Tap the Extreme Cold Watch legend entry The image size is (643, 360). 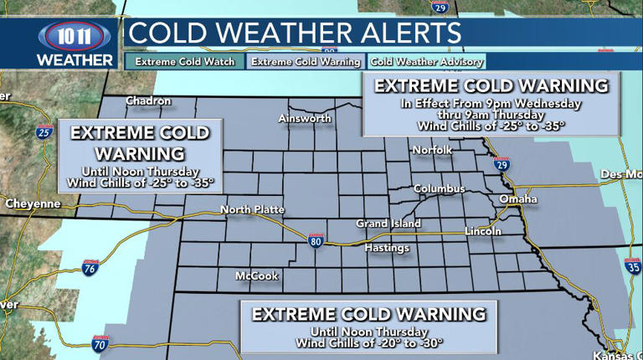click(185, 61)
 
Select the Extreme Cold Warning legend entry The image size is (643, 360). click(305, 61)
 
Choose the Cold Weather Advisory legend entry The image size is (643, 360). click(427, 61)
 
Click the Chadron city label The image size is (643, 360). click(148, 101)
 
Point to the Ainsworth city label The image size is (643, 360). click(305, 119)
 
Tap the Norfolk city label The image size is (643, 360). click(432, 150)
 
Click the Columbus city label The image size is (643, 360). click(439, 188)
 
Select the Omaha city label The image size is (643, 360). click(519, 199)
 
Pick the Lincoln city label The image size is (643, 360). click(484, 231)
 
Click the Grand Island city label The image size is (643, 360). click(388, 224)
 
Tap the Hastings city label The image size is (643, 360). click(387, 249)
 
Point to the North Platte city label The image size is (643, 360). click(252, 209)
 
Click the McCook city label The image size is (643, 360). click(256, 275)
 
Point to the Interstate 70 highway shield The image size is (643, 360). click(100, 343)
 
